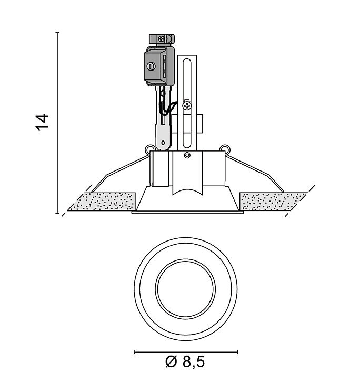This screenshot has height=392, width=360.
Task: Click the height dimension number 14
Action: (x=42, y=122)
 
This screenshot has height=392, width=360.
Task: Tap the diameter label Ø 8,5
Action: (x=185, y=361)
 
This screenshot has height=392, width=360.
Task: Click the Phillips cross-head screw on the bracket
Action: (x=187, y=106)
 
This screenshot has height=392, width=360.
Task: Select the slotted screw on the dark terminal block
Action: (x=151, y=66)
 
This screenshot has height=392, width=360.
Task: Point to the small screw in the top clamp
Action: (x=162, y=38)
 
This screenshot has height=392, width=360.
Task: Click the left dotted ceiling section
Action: (x=102, y=202)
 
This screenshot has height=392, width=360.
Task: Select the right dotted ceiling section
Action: (x=273, y=202)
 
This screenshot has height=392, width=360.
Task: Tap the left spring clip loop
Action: (x=149, y=149)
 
